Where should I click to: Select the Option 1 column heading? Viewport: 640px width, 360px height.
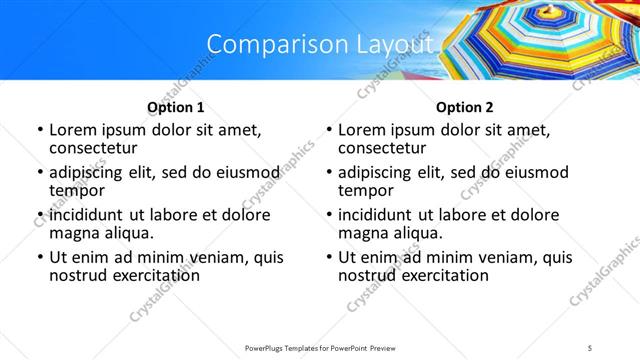tap(176, 106)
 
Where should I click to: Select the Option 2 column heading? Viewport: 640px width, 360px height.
tap(465, 106)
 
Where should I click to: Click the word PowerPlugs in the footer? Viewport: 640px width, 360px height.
tap(269, 347)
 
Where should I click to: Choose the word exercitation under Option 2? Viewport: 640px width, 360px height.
tap(437, 275)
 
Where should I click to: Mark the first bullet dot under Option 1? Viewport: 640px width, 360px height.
tap(39, 130)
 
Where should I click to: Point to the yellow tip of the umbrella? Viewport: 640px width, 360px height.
tap(548, 12)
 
